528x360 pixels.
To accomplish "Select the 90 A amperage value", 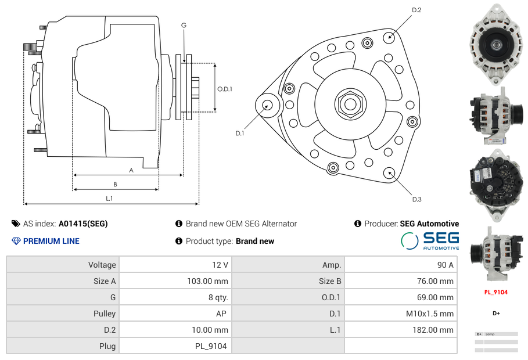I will click(x=445, y=265).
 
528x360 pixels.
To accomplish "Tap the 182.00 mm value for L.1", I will click(x=439, y=330).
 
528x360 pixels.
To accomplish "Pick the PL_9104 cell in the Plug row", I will click(x=211, y=346).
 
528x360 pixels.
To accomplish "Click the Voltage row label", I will click(x=102, y=265).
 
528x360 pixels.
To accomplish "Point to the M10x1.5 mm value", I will click(x=430, y=314).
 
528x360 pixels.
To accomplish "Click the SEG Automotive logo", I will click(x=430, y=240).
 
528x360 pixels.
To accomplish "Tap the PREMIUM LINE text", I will click(x=51, y=241).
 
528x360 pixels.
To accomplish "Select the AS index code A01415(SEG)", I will click(x=83, y=224).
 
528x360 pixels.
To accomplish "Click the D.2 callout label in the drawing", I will click(x=416, y=10).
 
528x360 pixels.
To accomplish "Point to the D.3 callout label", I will click(x=416, y=200).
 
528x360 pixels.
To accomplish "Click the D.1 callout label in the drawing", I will click(x=239, y=134).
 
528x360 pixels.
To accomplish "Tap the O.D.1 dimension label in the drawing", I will click(x=225, y=89).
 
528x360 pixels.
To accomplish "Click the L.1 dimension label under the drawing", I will click(x=109, y=199).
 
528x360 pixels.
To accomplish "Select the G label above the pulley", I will click(x=184, y=25).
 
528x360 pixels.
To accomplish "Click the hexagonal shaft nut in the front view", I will click(x=350, y=104).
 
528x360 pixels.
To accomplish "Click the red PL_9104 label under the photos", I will click(x=495, y=292).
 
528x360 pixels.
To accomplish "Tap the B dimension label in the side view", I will click(x=115, y=185).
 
